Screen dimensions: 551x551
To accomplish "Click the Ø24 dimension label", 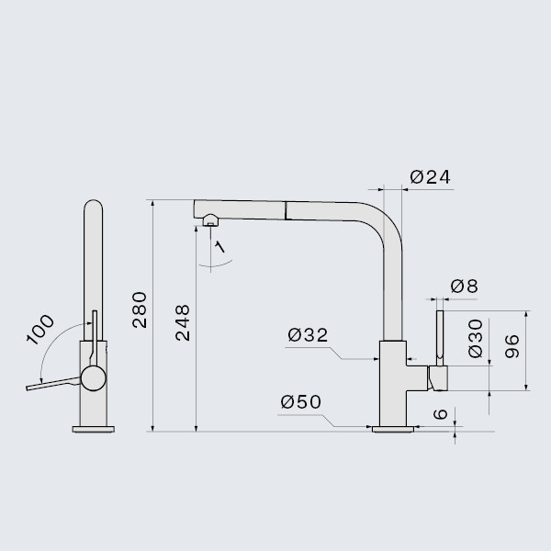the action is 430,177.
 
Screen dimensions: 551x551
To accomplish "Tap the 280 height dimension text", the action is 140,310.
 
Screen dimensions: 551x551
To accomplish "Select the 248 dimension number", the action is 183,323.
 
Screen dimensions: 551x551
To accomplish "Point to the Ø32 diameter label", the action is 308,335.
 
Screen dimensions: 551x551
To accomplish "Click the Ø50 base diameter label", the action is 301,401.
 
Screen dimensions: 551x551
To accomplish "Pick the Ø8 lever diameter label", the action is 464,286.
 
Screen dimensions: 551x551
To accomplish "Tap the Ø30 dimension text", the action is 476,338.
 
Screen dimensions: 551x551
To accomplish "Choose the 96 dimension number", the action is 512,346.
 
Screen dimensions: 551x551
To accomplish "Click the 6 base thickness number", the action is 440,414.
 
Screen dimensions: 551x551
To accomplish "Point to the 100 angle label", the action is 40,330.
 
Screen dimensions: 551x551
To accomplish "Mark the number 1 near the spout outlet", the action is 219,247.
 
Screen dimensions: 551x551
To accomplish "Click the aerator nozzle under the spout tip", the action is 210,220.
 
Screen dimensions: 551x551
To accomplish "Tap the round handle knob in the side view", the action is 94,378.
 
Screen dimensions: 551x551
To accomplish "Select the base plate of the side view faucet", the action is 94,429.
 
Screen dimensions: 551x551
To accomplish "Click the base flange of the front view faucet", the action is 393,429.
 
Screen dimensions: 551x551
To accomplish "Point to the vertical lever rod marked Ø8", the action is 440,338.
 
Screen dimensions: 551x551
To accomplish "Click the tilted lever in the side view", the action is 53,384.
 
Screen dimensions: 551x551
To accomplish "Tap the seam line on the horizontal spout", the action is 286,211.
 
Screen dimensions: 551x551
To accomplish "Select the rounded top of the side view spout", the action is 94,205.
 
